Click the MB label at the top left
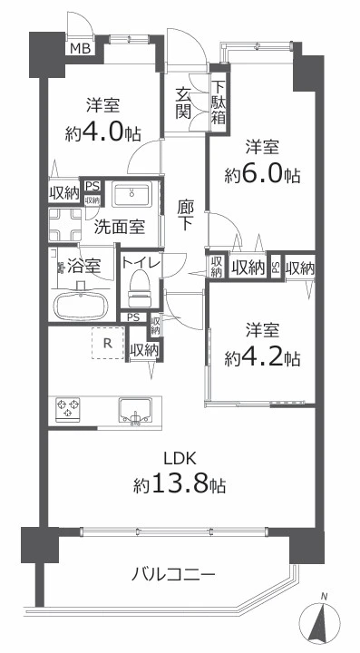(81, 48)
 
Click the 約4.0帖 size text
(102, 132)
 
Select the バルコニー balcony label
(173, 575)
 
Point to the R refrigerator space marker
(108, 343)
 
